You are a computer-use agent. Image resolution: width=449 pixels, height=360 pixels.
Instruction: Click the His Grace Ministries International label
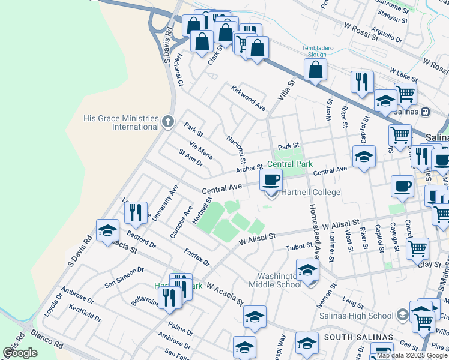pyautogui.click(x=121, y=122)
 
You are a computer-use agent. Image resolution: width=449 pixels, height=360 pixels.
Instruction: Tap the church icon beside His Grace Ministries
pyautogui.click(x=167, y=122)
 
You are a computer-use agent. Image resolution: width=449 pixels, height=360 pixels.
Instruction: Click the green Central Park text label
pyautogui.click(x=290, y=164)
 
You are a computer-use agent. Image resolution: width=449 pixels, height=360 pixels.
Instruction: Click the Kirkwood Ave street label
pyautogui.click(x=249, y=98)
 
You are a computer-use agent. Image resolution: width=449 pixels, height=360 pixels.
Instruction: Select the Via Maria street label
pyautogui.click(x=200, y=150)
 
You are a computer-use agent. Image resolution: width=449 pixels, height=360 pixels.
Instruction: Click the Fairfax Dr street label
pyautogui.click(x=197, y=258)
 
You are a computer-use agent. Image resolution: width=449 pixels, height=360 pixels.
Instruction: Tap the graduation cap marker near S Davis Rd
pyautogui.click(x=107, y=231)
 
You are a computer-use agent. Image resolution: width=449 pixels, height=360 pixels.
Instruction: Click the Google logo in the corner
pyautogui.click(x=20, y=353)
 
